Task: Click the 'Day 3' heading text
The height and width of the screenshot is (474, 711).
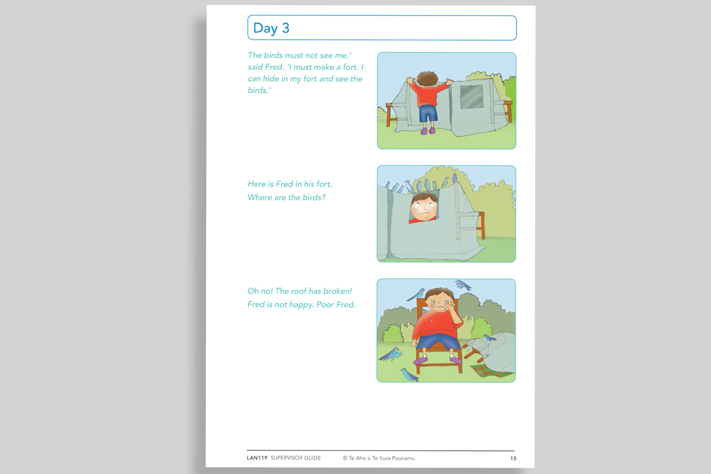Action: [271, 28]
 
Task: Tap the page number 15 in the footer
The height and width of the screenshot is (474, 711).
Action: [513, 458]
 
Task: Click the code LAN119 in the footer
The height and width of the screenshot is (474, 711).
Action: [257, 458]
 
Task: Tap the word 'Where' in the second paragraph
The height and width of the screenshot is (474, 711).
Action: [260, 197]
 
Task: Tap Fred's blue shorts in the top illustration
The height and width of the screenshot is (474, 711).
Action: [428, 113]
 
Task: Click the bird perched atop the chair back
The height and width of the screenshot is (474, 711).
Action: [417, 294]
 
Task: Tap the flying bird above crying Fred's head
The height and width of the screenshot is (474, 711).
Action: [463, 285]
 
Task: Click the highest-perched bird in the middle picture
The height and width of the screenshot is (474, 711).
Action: [454, 177]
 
